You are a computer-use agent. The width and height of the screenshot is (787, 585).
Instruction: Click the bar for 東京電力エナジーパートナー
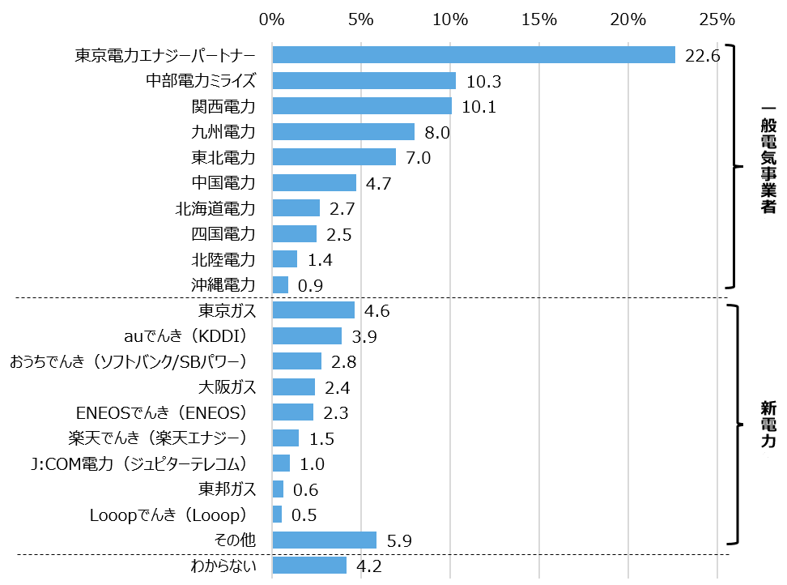tap(474, 54)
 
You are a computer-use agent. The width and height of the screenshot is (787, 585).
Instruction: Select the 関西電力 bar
tap(362, 106)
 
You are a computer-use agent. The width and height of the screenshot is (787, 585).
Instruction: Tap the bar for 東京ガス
tap(313, 310)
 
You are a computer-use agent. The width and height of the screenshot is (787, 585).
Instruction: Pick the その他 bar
tap(325, 540)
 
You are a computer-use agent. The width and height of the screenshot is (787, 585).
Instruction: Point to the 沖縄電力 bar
tap(280, 285)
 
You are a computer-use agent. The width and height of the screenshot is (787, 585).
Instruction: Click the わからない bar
tap(309, 566)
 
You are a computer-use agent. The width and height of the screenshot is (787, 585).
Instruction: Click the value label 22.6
tap(702, 56)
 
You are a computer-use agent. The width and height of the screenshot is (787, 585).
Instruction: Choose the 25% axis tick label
tap(717, 19)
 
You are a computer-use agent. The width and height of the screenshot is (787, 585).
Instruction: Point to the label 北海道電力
tap(215, 209)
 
